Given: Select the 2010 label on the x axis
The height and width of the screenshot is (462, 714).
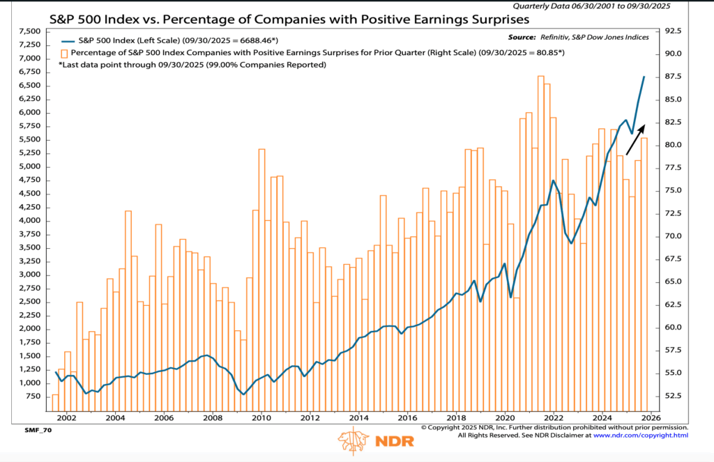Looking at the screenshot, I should point(261,419).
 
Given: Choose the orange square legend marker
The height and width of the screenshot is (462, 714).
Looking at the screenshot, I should point(64,53).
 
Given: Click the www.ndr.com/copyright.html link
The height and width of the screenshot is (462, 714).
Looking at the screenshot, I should point(641,436).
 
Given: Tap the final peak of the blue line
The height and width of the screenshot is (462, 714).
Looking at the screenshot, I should point(644,77).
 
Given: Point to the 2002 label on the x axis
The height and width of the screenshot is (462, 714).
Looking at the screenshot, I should point(66,419).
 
